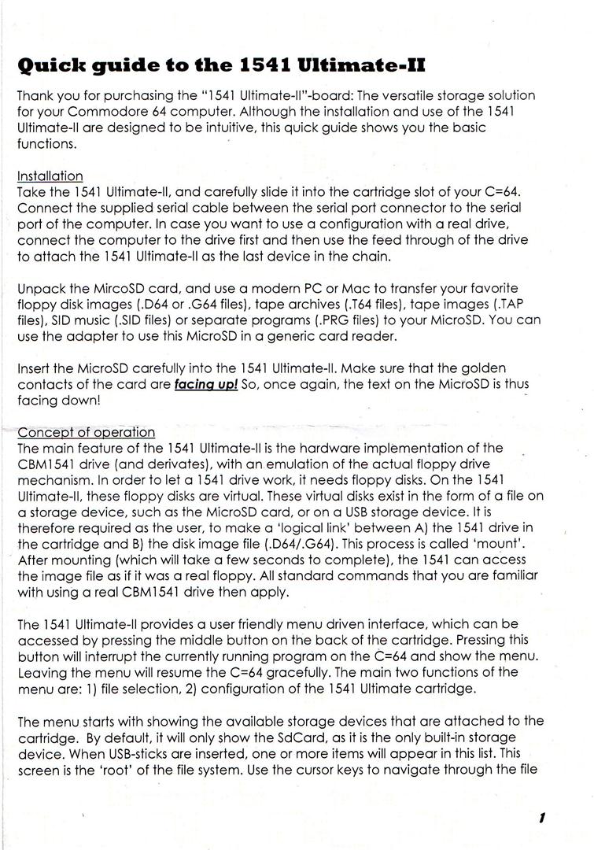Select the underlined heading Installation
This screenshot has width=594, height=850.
50,176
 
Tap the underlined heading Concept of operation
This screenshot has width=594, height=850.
86,432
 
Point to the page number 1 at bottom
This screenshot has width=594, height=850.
542,819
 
